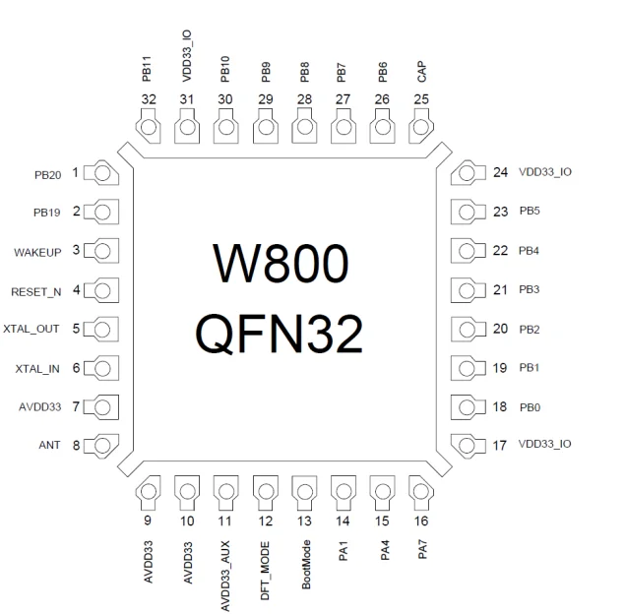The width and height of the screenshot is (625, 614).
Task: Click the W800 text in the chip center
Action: click(281, 264)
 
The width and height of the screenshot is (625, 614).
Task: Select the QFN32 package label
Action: click(279, 334)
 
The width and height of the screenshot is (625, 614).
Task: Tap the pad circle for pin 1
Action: click(102, 173)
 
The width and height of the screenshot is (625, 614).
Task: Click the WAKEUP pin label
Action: click(37, 253)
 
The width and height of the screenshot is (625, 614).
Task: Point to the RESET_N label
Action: click(35, 292)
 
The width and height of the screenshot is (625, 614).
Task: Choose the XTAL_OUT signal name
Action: click(31, 329)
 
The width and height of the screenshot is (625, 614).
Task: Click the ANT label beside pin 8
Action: click(49, 445)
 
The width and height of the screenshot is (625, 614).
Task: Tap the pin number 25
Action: click(421, 99)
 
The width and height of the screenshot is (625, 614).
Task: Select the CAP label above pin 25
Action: click(421, 72)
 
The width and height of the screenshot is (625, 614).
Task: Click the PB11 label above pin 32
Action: click(147, 69)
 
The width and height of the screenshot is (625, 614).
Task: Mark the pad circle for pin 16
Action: click(420, 492)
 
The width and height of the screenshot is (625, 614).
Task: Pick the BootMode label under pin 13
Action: click(306, 564)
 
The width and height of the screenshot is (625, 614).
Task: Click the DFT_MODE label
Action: click(265, 571)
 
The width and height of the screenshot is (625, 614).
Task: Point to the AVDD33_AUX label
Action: click(225, 576)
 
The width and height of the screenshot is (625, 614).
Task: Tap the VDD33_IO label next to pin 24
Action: click(545, 172)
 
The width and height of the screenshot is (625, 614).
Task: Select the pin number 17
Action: click(499, 446)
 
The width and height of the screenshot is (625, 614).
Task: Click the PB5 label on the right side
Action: click(530, 211)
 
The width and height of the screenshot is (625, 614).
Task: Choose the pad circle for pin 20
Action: click(467, 330)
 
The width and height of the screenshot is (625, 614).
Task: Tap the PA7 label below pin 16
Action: click(422, 550)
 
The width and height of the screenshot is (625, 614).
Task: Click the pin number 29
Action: click(266, 99)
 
